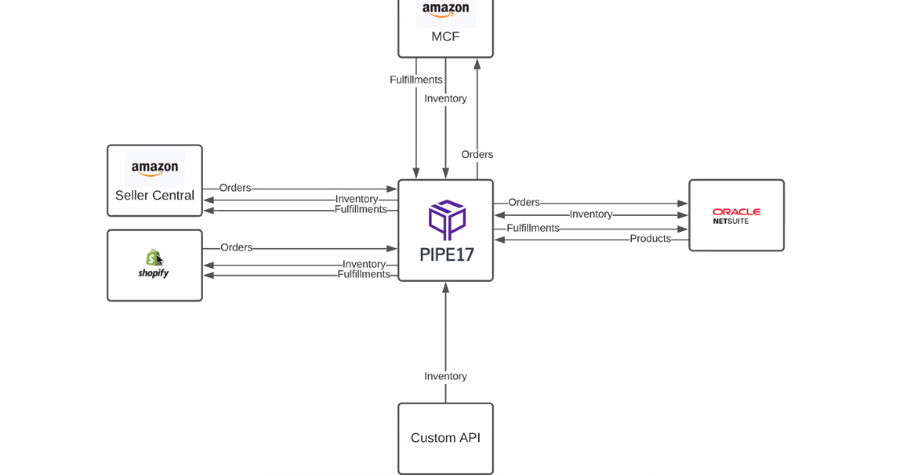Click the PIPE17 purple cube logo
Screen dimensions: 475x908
point(447,219)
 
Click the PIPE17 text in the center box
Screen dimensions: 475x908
point(447,254)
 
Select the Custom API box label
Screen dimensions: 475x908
point(445,438)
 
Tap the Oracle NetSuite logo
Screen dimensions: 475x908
point(736,216)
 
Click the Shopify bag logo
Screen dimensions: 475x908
point(153,258)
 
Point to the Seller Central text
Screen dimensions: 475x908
point(155,196)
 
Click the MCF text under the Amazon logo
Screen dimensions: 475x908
point(445,37)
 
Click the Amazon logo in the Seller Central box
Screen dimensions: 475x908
point(155,169)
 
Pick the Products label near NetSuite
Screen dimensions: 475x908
point(650,239)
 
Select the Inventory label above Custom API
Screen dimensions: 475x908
point(445,376)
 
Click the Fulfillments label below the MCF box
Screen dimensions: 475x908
point(416,80)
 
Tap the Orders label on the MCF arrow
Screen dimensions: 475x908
point(477,155)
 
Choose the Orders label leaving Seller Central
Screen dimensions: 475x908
point(235,188)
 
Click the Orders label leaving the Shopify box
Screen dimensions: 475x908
point(237,248)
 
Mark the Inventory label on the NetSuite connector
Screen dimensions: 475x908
point(591,215)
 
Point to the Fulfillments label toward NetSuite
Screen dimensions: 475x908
point(533,229)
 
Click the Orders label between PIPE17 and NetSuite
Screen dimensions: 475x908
point(524,203)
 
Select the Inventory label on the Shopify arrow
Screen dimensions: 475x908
point(364,264)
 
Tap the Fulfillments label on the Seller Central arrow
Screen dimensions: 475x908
point(361,209)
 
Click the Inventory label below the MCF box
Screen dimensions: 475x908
point(445,99)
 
